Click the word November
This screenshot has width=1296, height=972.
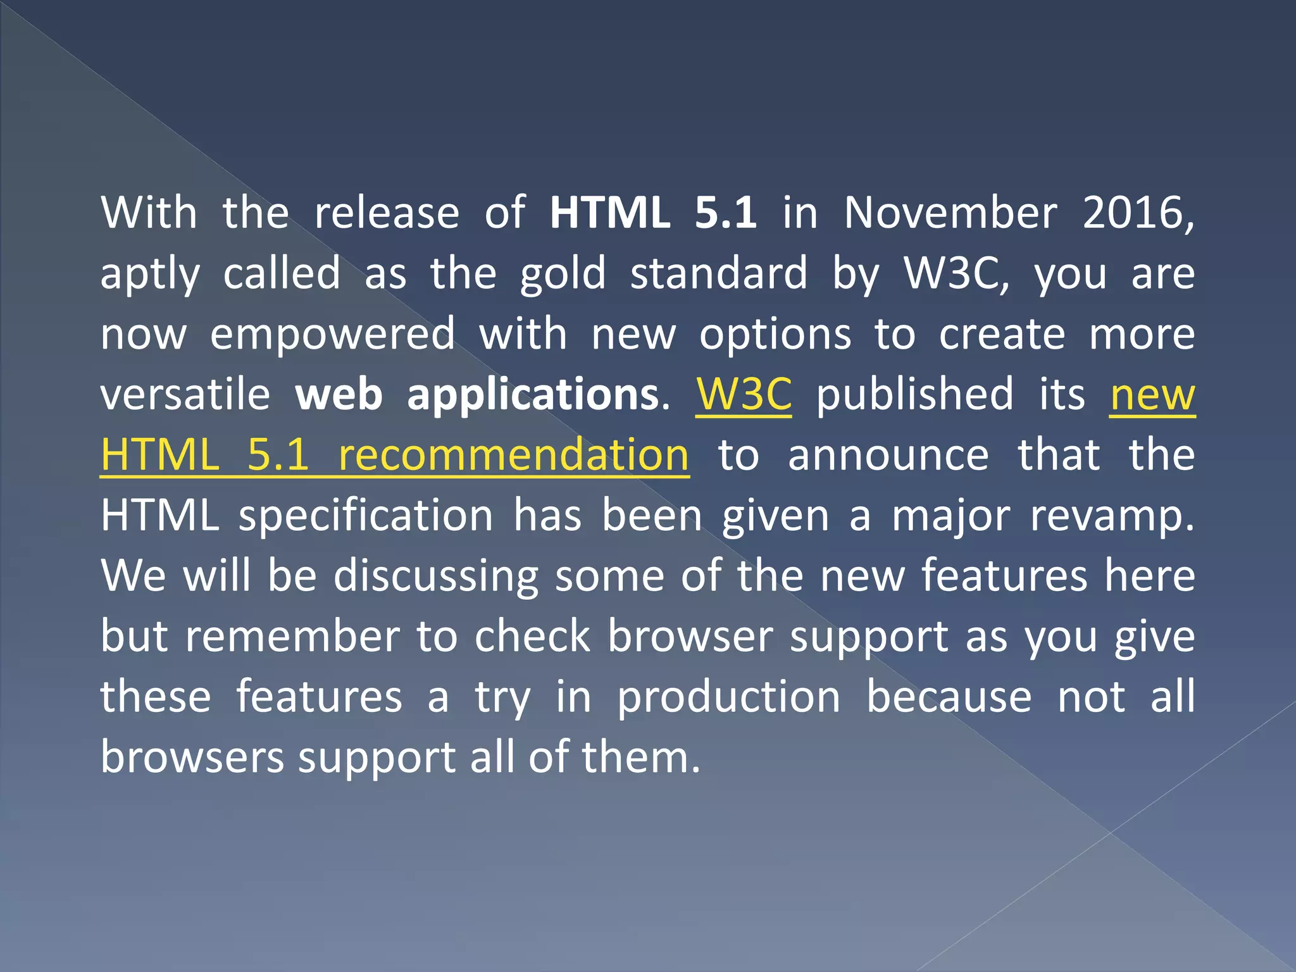[950, 213]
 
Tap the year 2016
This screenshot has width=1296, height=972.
[1138, 213]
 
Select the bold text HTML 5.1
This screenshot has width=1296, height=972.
[653, 213]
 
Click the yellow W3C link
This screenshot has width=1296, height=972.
[744, 394]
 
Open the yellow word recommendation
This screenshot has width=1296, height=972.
[513, 455]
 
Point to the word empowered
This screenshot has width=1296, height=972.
[332, 334]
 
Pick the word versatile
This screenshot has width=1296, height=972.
[185, 394]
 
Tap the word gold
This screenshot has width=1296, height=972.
[563, 275]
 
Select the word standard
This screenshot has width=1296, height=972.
[719, 273]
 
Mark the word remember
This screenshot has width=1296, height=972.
[292, 637]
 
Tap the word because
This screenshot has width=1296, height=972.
[949, 697]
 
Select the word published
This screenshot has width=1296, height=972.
[915, 394]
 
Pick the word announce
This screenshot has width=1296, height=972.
[888, 455]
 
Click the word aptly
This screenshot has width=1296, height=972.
[150, 275]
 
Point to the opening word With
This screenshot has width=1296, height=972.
[149, 213]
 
